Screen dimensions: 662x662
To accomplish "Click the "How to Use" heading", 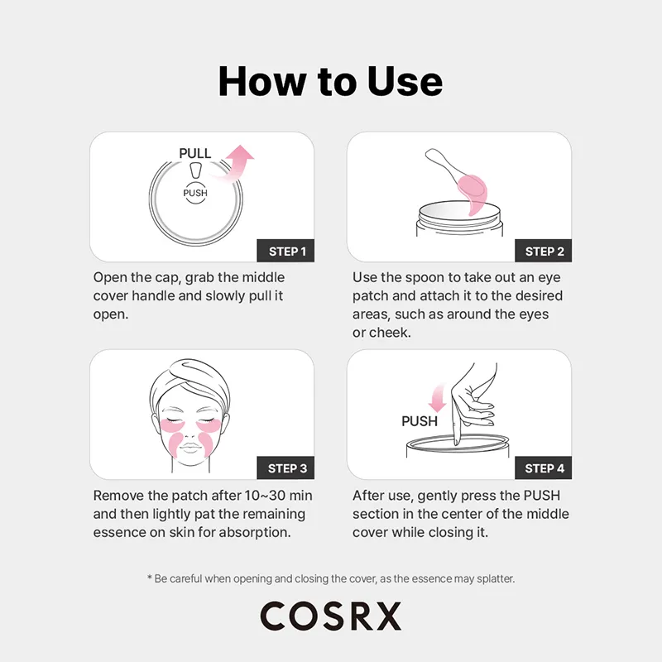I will (x=330, y=81).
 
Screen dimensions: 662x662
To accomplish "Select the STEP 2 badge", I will (x=544, y=251).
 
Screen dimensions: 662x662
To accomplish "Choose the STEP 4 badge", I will (x=544, y=468).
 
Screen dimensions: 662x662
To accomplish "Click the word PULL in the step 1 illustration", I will (x=195, y=153).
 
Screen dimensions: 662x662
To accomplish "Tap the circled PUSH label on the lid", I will (x=195, y=193).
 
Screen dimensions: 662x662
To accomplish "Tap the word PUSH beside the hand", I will (x=420, y=421).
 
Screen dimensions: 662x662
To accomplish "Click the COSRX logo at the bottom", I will (x=330, y=616).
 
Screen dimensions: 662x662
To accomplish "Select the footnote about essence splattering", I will (x=330, y=578).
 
